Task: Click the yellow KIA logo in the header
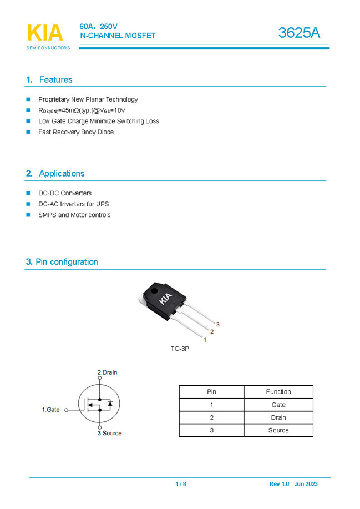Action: [45, 33]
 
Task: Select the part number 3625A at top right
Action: [299, 33]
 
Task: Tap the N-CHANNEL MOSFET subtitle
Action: [118, 36]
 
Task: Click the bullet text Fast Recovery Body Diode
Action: [76, 132]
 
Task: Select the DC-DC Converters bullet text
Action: [65, 193]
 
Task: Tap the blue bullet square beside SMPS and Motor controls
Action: [28, 215]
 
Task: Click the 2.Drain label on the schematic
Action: [107, 372]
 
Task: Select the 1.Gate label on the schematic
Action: [51, 410]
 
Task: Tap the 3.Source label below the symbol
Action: [109, 433]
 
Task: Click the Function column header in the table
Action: [278, 392]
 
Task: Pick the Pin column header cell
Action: [211, 392]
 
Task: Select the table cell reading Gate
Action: [278, 405]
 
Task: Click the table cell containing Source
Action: [278, 430]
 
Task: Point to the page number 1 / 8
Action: [181, 484]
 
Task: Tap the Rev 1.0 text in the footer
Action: [279, 484]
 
